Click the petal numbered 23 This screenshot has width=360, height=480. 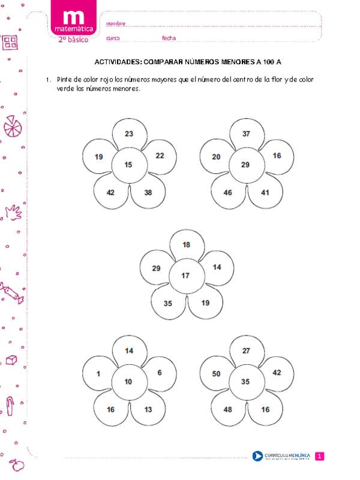point(129,134)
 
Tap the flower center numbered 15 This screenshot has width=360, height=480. point(128,164)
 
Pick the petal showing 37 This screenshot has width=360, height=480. point(246,134)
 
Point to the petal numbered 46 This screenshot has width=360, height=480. point(228,193)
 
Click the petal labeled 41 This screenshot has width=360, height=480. point(265,193)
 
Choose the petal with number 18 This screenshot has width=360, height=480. point(186,245)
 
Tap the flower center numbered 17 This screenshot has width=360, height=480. point(185,275)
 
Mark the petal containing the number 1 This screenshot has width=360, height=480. point(98,373)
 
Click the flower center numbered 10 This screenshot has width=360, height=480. point(128,382)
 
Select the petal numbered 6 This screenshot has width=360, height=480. point(159,373)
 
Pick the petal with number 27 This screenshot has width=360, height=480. point(246,351)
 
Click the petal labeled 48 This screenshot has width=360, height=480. point(228,410)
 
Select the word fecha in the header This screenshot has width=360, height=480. point(169,38)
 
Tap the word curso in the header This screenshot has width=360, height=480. point(113,38)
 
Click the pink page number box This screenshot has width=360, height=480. point(320,457)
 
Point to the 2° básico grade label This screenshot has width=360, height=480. point(73,39)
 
